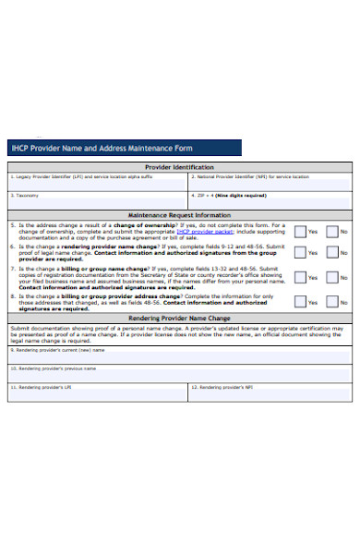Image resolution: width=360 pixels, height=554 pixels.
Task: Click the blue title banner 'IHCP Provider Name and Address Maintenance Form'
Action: [x=124, y=148]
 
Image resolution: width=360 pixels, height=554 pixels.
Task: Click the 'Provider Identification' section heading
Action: [x=179, y=167]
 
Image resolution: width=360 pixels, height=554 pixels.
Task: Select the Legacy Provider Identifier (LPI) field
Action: [x=98, y=184]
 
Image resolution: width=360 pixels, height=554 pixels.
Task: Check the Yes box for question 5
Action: [x=300, y=231]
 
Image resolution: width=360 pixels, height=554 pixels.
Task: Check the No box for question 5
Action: [x=333, y=231]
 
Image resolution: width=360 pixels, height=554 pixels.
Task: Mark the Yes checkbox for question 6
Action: [x=300, y=252]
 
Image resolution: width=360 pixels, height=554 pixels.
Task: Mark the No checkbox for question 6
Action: [x=333, y=252]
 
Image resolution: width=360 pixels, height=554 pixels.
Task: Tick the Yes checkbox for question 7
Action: [x=300, y=277]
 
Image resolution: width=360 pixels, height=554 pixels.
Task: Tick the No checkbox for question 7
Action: [x=333, y=277]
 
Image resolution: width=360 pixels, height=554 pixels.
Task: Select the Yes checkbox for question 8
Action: [x=300, y=301]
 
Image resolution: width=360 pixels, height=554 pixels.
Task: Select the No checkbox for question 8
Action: [x=333, y=301]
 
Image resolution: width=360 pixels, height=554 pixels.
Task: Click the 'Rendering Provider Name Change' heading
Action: [x=179, y=318]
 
